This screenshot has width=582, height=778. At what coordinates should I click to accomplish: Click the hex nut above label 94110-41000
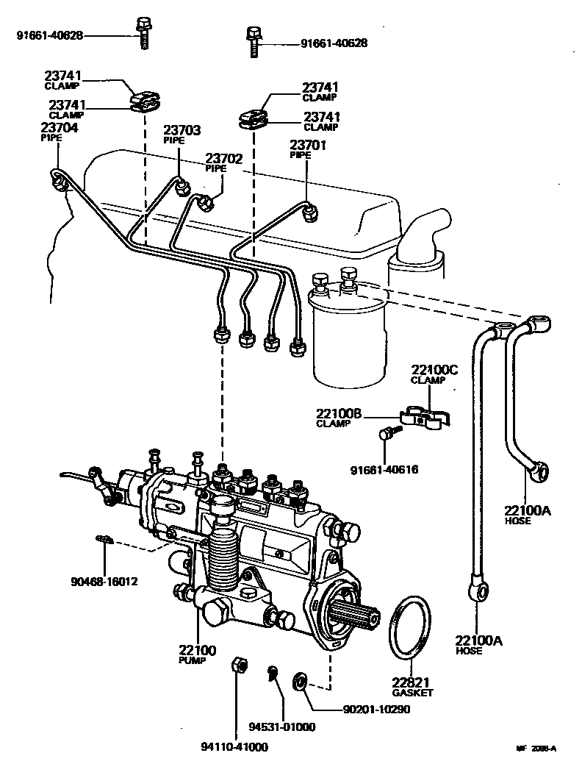(x=238, y=667)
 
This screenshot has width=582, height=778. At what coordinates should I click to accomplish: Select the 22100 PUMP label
(x=197, y=650)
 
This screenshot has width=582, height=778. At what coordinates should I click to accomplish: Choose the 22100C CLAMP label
(x=434, y=374)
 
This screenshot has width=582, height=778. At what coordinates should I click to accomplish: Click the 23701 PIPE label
(x=308, y=149)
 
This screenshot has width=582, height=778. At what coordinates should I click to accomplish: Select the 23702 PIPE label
(x=225, y=162)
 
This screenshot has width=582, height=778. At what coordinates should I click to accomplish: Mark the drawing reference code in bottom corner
(x=536, y=749)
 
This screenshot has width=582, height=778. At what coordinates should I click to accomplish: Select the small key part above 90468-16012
(x=102, y=540)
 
